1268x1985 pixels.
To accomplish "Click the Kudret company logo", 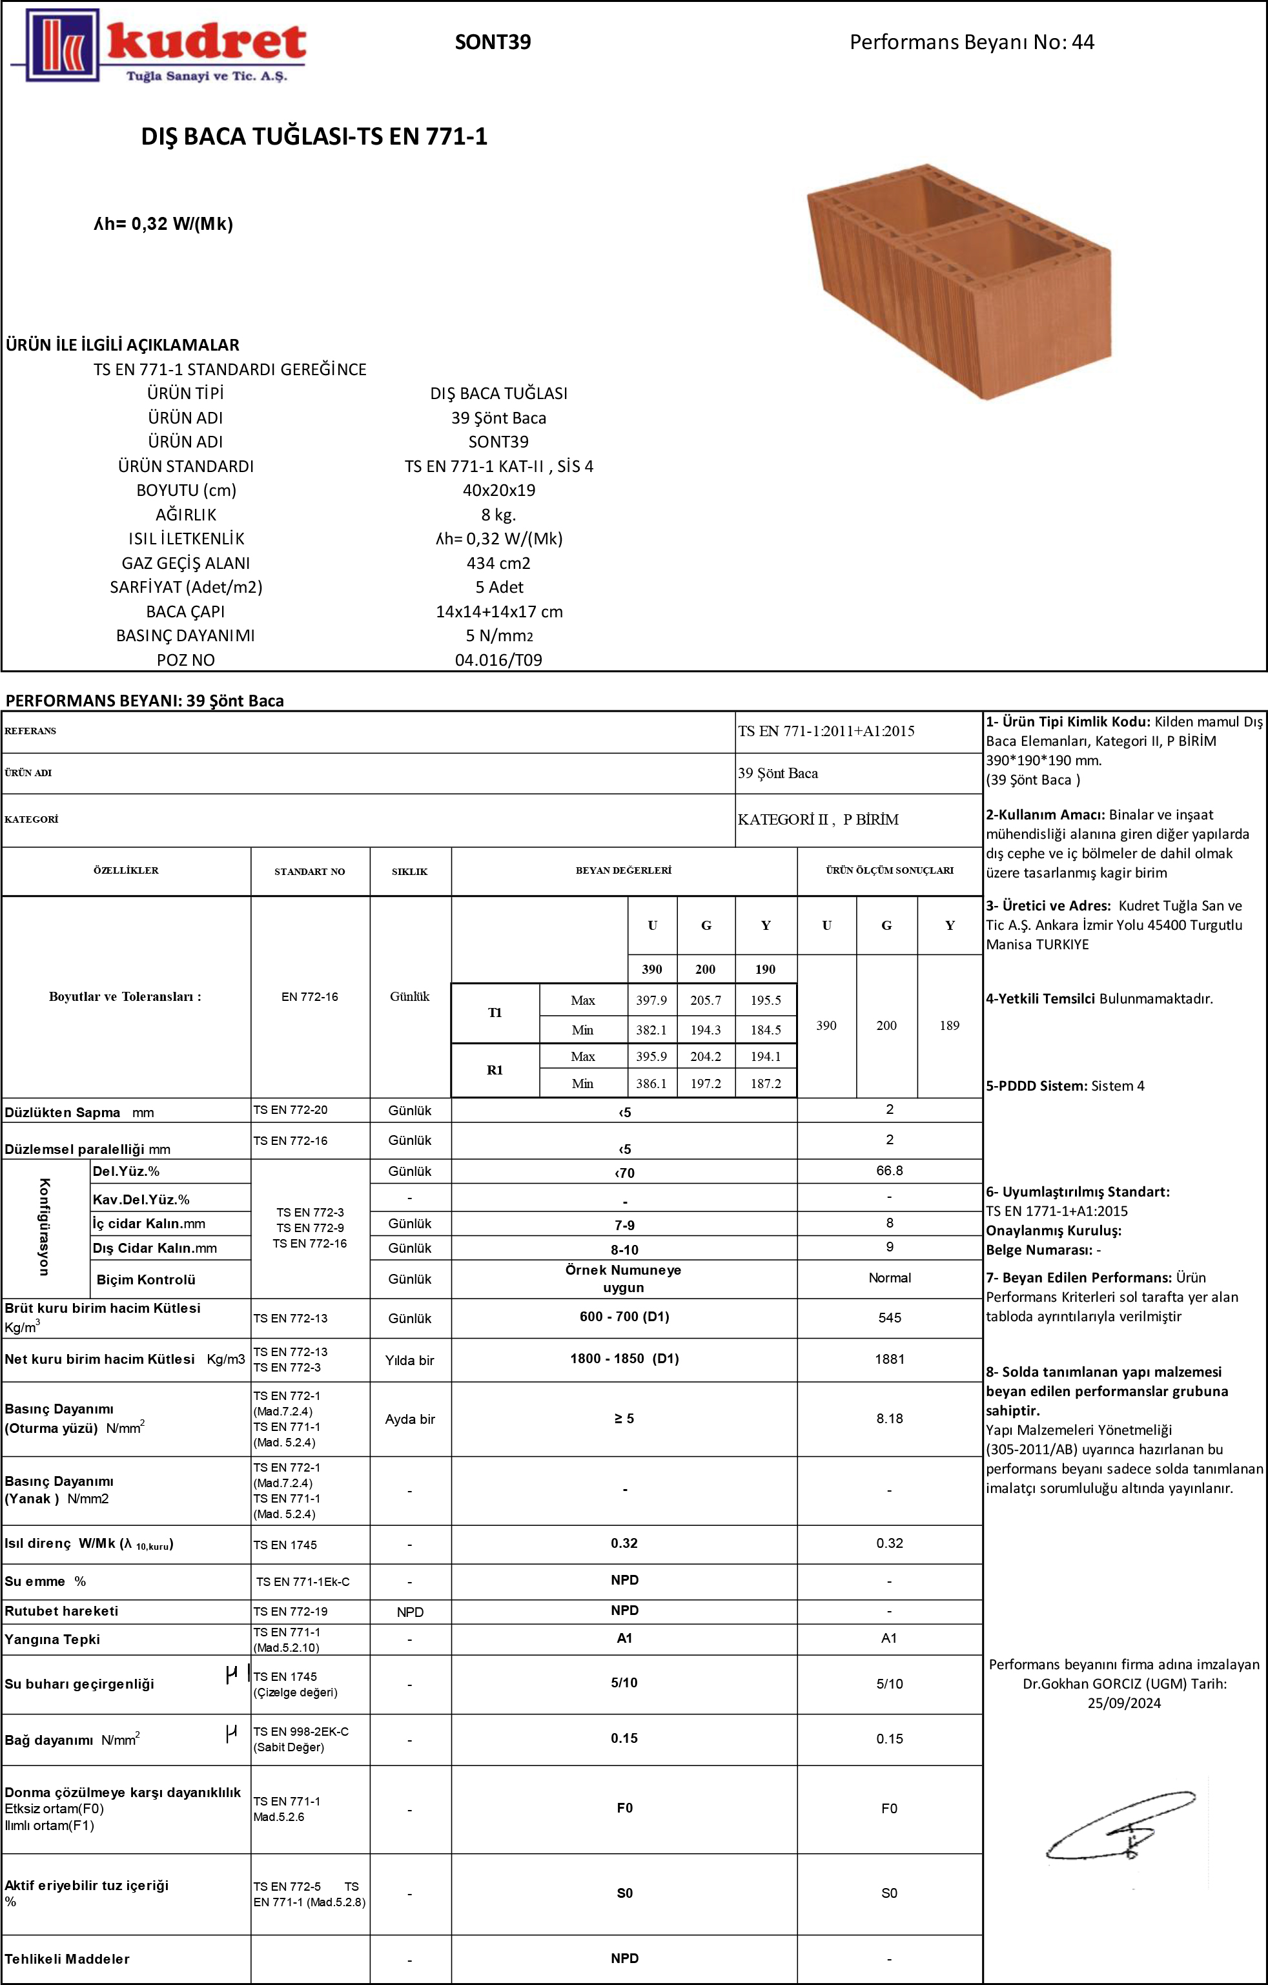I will click(x=159, y=46).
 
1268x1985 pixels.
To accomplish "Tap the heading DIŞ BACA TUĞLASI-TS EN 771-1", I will click(x=314, y=136).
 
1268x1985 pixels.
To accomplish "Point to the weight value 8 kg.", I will click(x=498, y=515).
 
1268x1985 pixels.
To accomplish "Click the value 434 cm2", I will click(x=498, y=563).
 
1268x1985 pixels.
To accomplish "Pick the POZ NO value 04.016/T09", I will click(x=498, y=659).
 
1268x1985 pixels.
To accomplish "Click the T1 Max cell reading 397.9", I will click(x=651, y=1000).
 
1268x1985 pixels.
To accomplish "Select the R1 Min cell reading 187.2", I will click(x=765, y=1083).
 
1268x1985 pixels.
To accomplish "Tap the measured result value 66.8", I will click(x=889, y=1171).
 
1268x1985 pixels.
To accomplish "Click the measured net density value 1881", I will click(x=889, y=1359).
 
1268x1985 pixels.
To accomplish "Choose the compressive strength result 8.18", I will click(x=889, y=1419).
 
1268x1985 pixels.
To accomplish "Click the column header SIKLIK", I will click(x=410, y=871).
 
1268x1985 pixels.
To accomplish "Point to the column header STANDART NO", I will click(x=309, y=871).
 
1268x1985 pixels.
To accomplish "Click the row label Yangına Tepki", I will click(x=52, y=1640).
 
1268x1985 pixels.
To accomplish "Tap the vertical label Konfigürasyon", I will click(x=45, y=1227).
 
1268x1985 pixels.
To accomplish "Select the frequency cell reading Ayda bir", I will click(x=410, y=1419).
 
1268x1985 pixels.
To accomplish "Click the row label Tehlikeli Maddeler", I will click(x=66, y=1959).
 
